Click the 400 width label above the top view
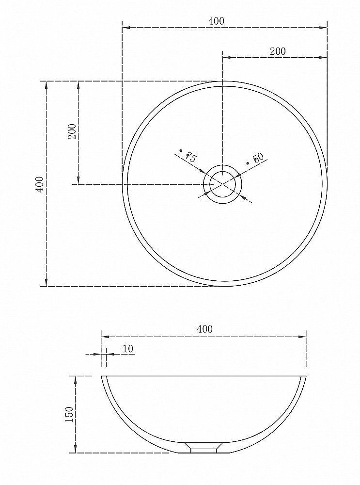tap(216, 21)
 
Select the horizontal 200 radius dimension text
tap(278, 51)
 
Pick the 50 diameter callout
tap(257, 158)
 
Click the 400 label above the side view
tap(204, 329)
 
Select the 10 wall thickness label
tap(128, 349)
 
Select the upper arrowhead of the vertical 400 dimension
tap(47, 85)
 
